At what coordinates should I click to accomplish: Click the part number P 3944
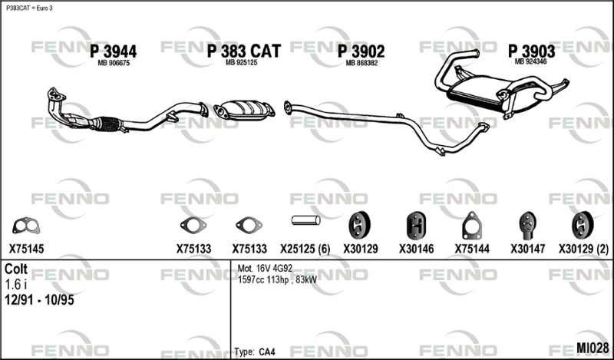(x=113, y=51)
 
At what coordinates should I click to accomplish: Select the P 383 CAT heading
(x=243, y=51)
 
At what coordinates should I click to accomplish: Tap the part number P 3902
(x=361, y=51)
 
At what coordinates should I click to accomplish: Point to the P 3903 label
(x=531, y=51)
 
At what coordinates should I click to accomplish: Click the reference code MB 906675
(x=114, y=63)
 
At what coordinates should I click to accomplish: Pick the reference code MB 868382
(x=361, y=63)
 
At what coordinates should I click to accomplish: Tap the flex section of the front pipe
(x=108, y=124)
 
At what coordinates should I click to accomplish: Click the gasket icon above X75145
(x=26, y=226)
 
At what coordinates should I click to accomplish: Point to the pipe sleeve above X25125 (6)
(x=305, y=220)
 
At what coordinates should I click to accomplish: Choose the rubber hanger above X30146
(x=416, y=225)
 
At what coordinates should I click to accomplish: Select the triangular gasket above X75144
(x=472, y=226)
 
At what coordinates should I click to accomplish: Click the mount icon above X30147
(x=527, y=225)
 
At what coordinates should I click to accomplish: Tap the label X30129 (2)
(x=583, y=249)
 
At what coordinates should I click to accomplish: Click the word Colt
(x=16, y=269)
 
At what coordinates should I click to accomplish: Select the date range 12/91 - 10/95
(x=39, y=300)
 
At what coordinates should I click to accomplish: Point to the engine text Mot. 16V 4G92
(x=265, y=269)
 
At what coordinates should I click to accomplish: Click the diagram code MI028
(x=593, y=348)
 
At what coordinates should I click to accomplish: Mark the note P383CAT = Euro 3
(x=29, y=8)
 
